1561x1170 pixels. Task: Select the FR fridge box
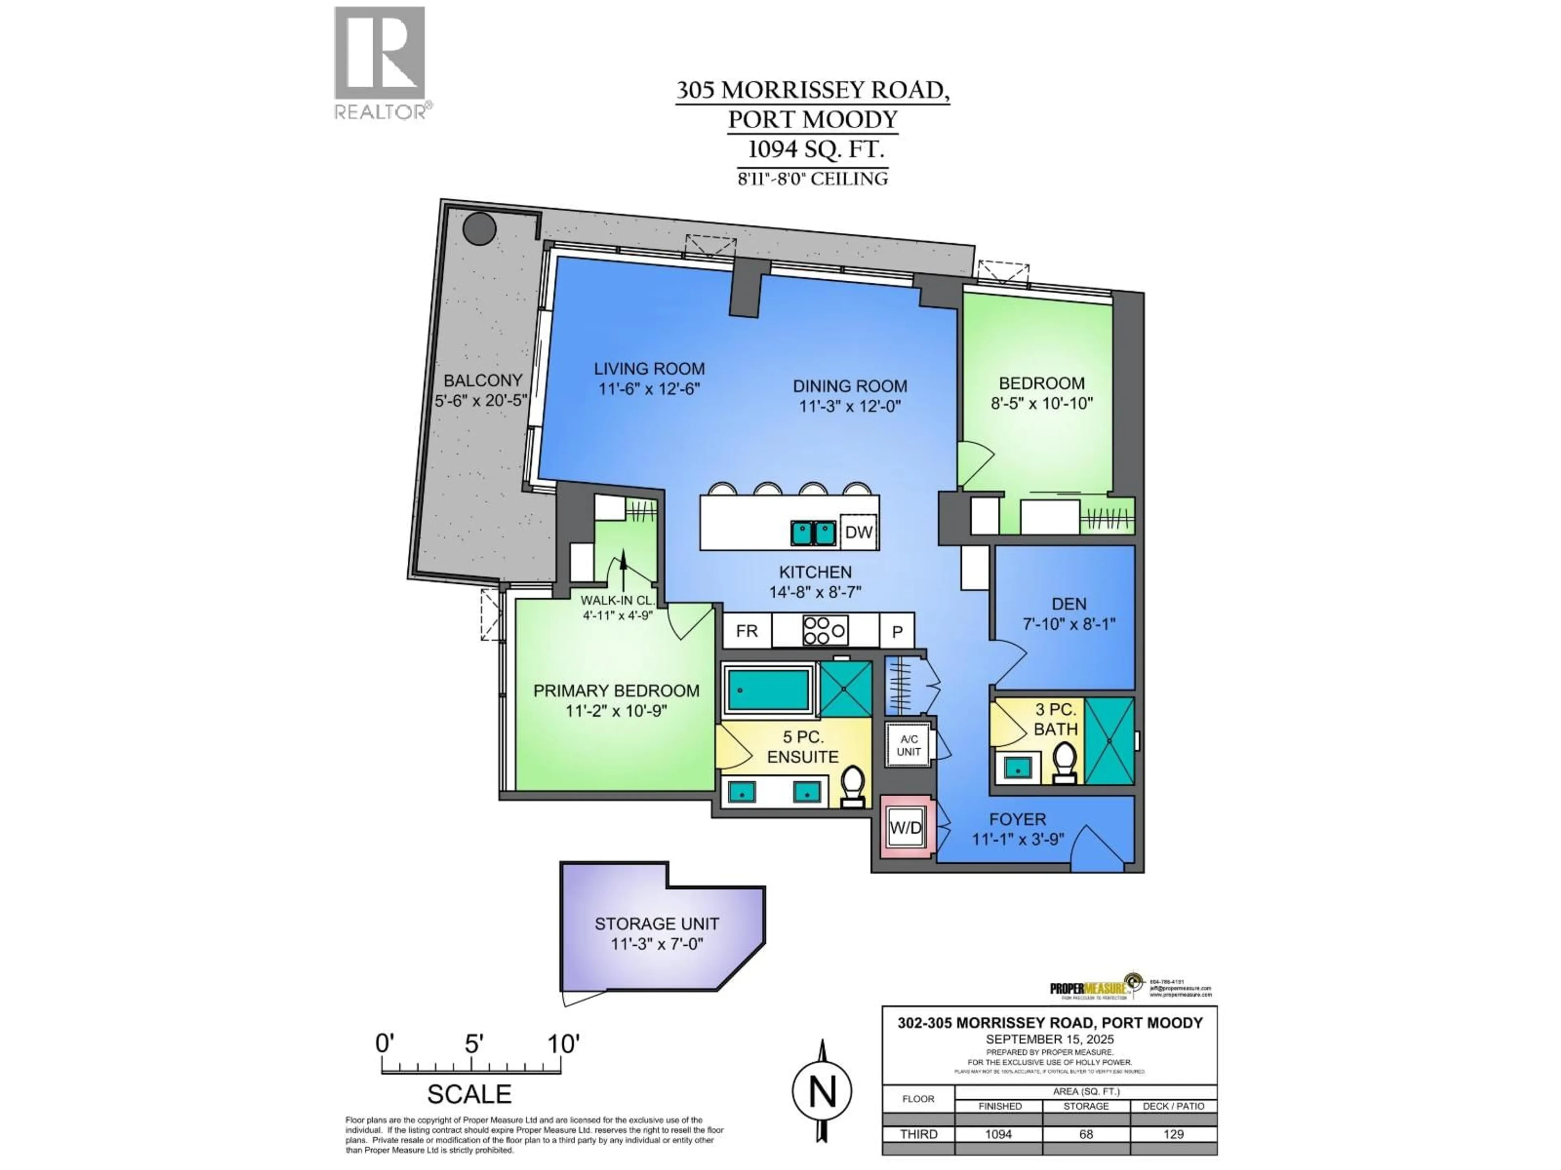click(x=747, y=630)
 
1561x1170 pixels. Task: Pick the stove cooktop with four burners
click(x=825, y=630)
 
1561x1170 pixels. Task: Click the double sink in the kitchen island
click(x=813, y=533)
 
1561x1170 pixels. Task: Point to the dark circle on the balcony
click(x=480, y=228)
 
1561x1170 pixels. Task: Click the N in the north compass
click(x=822, y=1091)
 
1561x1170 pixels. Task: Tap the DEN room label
click(x=1068, y=604)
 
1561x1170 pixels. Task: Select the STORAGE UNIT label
click(x=656, y=924)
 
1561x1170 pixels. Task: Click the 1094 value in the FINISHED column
click(x=998, y=1134)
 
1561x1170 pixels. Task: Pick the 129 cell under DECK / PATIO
click(x=1173, y=1134)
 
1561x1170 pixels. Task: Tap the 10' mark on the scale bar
click(x=563, y=1044)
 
